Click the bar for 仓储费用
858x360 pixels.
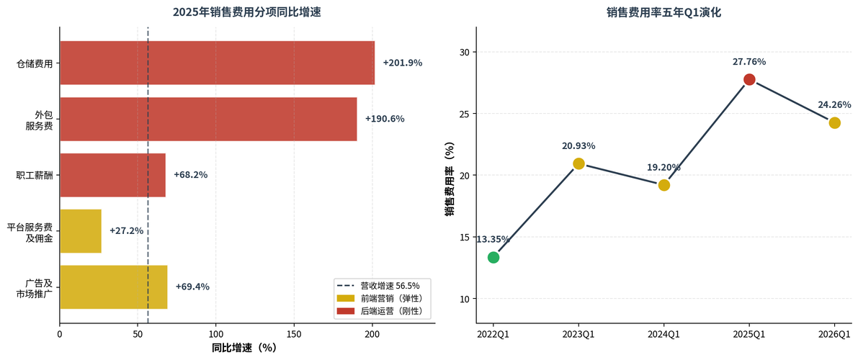click(x=217, y=63)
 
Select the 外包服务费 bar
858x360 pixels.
click(x=208, y=119)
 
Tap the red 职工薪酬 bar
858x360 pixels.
click(x=112, y=175)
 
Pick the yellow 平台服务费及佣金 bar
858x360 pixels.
click(x=81, y=231)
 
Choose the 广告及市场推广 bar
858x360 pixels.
click(x=113, y=287)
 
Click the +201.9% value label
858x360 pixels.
click(x=402, y=63)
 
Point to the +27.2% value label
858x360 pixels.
click(x=126, y=231)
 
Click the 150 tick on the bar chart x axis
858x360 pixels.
click(x=294, y=335)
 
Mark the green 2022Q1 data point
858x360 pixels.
click(x=493, y=257)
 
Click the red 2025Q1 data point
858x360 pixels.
click(x=749, y=79)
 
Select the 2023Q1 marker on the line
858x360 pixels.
click(x=578, y=163)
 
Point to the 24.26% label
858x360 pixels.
click(x=834, y=104)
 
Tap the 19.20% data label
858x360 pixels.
click(x=663, y=167)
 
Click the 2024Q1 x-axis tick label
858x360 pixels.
click(x=663, y=335)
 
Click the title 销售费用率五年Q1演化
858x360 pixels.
click(x=663, y=12)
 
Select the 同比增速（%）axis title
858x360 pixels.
click(x=244, y=348)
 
